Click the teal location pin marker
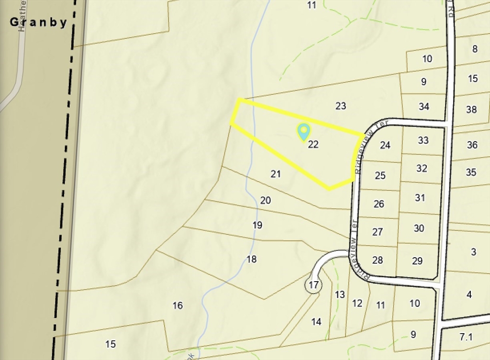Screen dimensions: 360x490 (x=303, y=131)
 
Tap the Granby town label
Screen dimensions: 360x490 (x=39, y=22)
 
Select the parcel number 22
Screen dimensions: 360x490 (x=313, y=144)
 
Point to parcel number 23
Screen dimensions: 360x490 (x=341, y=106)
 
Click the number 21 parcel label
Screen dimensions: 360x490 (x=276, y=174)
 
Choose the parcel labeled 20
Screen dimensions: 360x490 (x=266, y=200)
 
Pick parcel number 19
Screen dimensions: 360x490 (x=257, y=225)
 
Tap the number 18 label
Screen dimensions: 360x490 (x=252, y=259)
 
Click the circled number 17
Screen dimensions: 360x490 (x=313, y=285)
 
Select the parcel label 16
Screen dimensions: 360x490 (x=178, y=305)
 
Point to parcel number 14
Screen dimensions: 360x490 (x=316, y=322)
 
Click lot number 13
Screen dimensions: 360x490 (x=340, y=295)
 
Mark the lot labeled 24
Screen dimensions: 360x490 (x=385, y=145)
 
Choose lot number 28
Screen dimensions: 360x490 (x=378, y=260)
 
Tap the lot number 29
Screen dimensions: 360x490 (x=417, y=261)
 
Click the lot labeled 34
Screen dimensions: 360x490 (x=424, y=106)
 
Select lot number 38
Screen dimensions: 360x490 (x=471, y=109)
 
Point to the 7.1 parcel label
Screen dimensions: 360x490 (x=466, y=337)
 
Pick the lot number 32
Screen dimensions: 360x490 (x=422, y=168)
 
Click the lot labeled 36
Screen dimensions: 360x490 (x=472, y=144)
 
